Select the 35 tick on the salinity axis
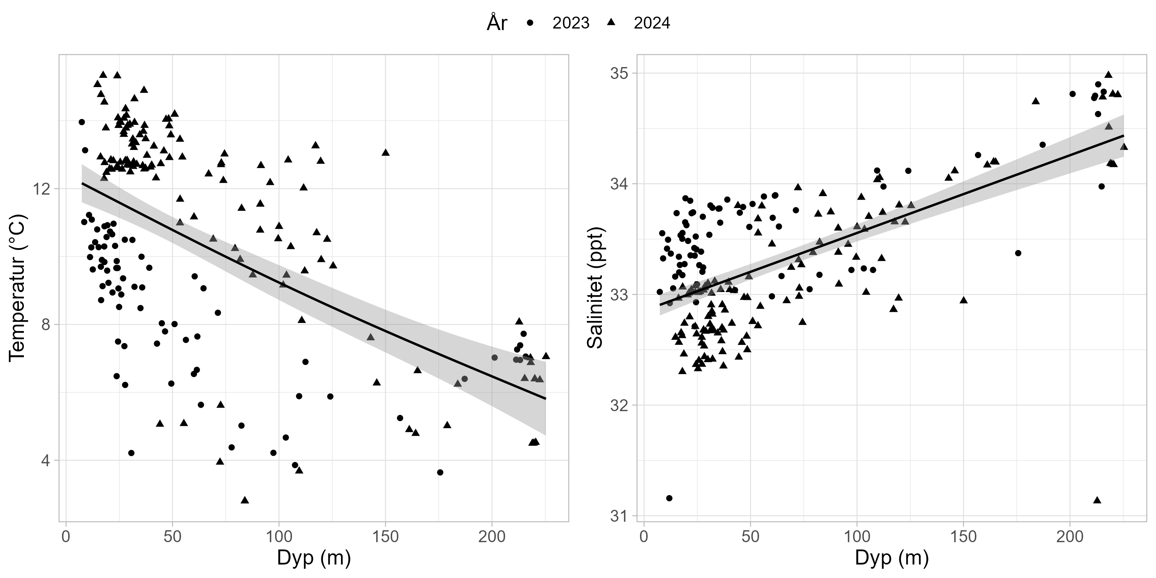pyautogui.click(x=620, y=73)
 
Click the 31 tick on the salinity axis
pyautogui.click(x=620, y=516)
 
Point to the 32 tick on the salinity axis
pyautogui.click(x=620, y=405)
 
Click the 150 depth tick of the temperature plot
pyautogui.click(x=385, y=537)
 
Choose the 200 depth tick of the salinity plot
pyautogui.click(x=1070, y=537)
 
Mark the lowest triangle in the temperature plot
pyautogui.click(x=245, y=500)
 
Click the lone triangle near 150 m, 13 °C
pyautogui.click(x=385, y=153)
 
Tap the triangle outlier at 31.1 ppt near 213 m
pyautogui.click(x=1097, y=500)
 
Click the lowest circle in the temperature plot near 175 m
pyautogui.click(x=440, y=472)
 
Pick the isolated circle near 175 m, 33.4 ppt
pyautogui.click(x=1018, y=253)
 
